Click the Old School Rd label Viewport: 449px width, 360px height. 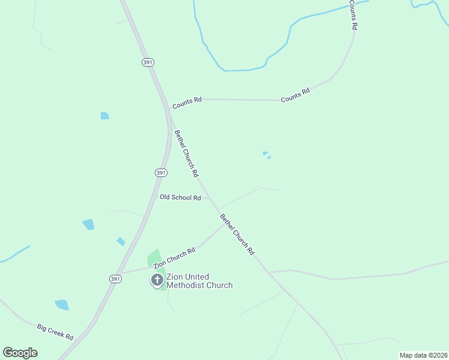tap(180, 197)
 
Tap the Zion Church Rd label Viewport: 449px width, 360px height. tap(174, 259)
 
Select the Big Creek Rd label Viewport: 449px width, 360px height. tap(55, 332)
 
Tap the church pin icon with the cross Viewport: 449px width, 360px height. tap(157, 280)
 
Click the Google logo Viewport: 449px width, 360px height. tap(20, 353)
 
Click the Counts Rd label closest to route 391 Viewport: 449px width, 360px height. tap(187, 103)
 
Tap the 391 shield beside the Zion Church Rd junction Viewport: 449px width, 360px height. tap(116, 279)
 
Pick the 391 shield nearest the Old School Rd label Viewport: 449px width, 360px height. tap(161, 172)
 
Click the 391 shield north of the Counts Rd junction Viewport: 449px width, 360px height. tap(148, 62)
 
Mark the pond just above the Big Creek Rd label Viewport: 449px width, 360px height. tap(62, 305)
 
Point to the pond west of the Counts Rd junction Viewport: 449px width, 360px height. tap(105, 116)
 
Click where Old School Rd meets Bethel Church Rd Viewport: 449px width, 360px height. tap(210, 198)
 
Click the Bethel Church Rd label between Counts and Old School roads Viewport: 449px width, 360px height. tap(186, 154)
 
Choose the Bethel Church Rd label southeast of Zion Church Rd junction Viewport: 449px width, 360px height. tap(238, 235)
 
